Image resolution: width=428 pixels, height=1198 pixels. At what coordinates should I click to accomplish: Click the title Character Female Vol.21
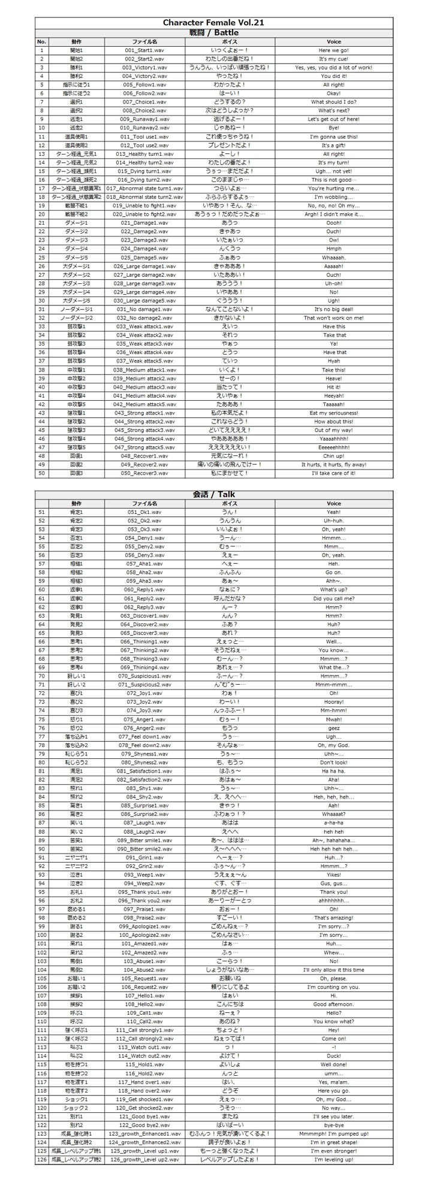[213, 23]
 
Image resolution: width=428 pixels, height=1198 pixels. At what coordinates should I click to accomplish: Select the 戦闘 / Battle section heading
[213, 32]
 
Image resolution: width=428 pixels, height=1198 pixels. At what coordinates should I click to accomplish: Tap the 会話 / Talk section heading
[213, 495]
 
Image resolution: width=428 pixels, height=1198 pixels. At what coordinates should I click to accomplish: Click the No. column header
[41, 42]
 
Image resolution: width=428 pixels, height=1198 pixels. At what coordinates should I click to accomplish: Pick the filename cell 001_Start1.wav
[144, 50]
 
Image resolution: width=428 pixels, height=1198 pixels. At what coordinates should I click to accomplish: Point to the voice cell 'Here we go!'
[333, 50]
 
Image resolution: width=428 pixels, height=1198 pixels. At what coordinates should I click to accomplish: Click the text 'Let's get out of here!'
[333, 119]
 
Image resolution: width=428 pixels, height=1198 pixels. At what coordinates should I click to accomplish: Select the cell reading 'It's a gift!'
[333, 146]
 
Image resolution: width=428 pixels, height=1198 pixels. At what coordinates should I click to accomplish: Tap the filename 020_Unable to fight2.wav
[144, 214]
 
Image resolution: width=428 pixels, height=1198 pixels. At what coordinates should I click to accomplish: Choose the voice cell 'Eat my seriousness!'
[333, 413]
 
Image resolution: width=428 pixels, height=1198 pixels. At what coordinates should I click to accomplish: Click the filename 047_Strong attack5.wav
[144, 447]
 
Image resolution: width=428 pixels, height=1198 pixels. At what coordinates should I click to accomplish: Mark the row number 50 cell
[41, 473]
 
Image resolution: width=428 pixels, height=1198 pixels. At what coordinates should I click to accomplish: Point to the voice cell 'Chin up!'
[333, 456]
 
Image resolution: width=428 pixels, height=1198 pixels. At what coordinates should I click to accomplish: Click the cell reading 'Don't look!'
[333, 763]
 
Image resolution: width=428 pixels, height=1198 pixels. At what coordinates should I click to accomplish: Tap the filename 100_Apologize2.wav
[144, 935]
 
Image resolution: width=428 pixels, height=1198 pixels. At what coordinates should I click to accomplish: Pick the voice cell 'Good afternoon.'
[333, 1004]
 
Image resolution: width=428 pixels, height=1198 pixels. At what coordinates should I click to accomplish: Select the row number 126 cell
[41, 1160]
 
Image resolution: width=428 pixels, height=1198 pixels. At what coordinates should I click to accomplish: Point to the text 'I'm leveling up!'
[333, 1160]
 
